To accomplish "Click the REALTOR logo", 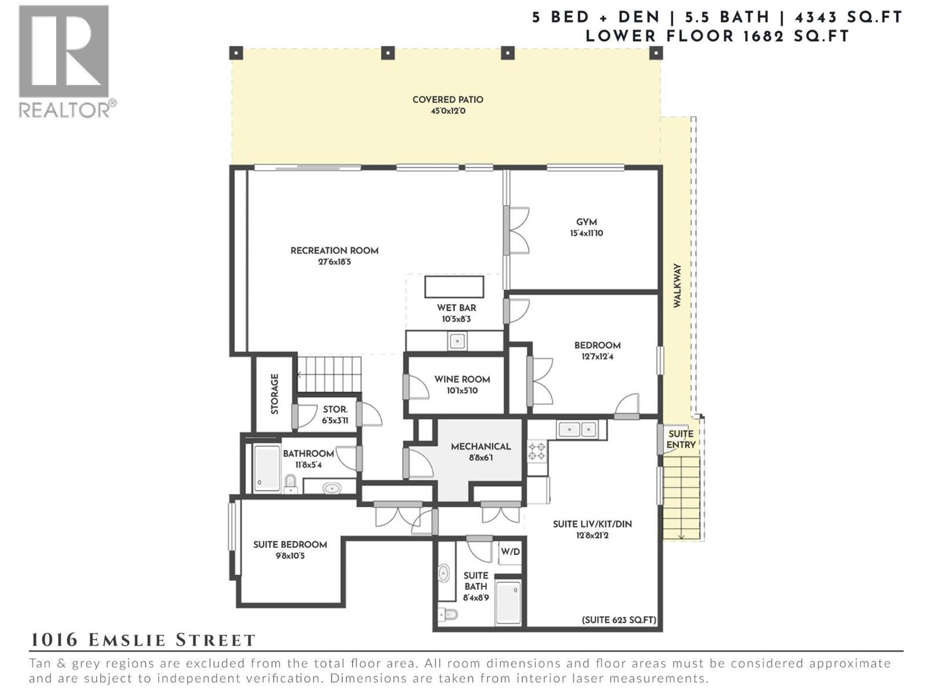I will pos(64,61).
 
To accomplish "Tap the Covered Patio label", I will pos(447,100).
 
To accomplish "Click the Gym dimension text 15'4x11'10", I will pos(586,233).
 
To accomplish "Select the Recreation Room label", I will pos(334,251).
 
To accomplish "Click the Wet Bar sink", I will pos(457,341).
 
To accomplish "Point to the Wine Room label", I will pos(462,379).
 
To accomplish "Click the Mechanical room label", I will pos(480,447).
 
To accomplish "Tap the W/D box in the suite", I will pos(510,552).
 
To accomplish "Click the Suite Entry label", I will pos(681,439).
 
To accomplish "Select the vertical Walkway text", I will pos(677,286).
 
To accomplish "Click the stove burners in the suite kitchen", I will pos(537,451).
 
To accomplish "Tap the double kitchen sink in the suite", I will pos(579,430).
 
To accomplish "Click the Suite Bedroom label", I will pos(290,544).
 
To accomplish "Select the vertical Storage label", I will pos(275,394).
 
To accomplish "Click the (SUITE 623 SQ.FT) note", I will pos(619,620).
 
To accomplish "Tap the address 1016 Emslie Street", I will pos(143,640).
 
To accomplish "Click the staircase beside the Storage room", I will pos(329,374).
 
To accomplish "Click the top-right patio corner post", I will pos(656,53).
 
